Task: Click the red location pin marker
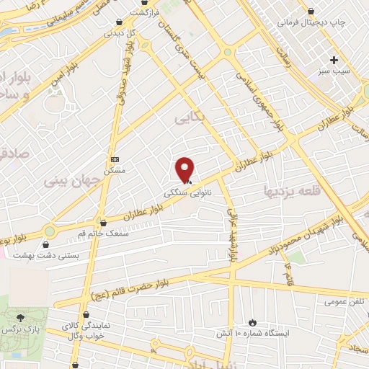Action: click(x=185, y=169)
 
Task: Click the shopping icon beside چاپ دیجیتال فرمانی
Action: click(x=311, y=11)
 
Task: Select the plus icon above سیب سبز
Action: click(x=334, y=60)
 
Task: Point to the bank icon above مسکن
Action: click(x=115, y=159)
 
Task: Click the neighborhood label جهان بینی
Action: click(x=69, y=177)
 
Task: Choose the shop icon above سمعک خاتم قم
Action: click(x=104, y=223)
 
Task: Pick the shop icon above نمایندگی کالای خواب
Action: click(x=87, y=314)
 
